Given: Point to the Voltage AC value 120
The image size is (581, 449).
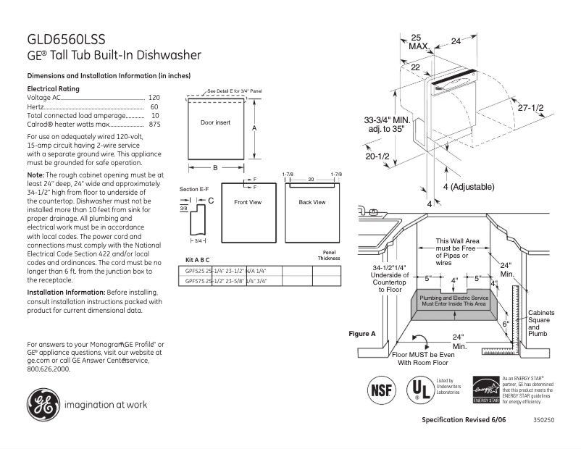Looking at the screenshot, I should pos(154,97).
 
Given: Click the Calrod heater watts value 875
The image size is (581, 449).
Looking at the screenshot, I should pos(154,125).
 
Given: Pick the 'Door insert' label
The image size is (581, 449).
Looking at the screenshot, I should pos(215,123).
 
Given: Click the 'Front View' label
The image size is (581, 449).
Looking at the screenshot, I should pos(247,202).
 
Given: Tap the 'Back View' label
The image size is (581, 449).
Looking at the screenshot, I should pos(312,202).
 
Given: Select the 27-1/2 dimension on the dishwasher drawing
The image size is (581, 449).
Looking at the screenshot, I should pos(530,107).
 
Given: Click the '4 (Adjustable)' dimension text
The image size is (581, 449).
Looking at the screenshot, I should pos(467,187).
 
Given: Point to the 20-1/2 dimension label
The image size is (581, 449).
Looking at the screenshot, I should pos(377,156).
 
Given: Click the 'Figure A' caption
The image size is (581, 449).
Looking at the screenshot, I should pos(362,334).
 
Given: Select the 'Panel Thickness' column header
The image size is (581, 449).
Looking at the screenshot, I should pos(328,255).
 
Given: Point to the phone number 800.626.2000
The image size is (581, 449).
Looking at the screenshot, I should pos(49,369).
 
